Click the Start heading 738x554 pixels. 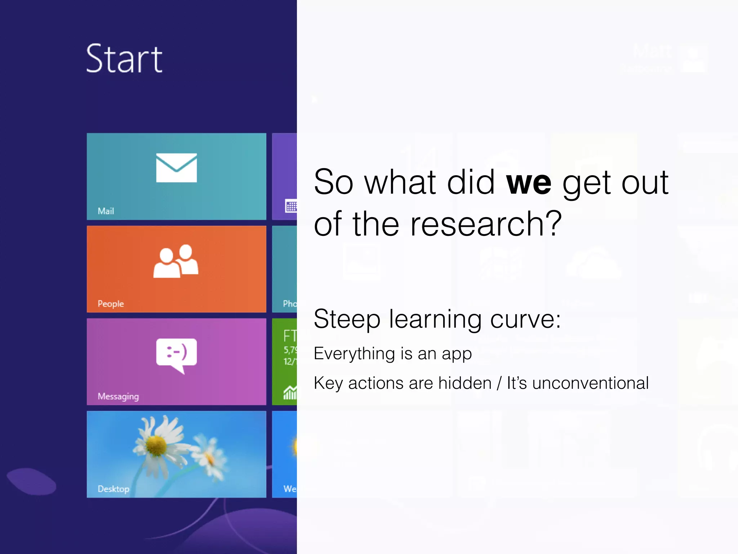pos(124,59)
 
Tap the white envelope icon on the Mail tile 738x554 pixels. pos(176,168)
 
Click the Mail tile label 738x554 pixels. pos(106,211)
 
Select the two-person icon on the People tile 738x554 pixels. pos(176,261)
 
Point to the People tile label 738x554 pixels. pos(111,304)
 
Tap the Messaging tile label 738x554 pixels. pos(118,396)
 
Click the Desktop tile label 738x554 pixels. pos(114,489)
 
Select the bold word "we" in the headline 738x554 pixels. pos(528,183)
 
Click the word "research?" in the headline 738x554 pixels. pos(486,224)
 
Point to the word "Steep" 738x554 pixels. pos(347,319)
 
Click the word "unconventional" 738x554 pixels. pos(590,383)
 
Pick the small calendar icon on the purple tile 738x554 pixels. pos(291,206)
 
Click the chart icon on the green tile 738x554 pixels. pos(290,392)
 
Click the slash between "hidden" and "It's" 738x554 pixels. pos(499,383)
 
